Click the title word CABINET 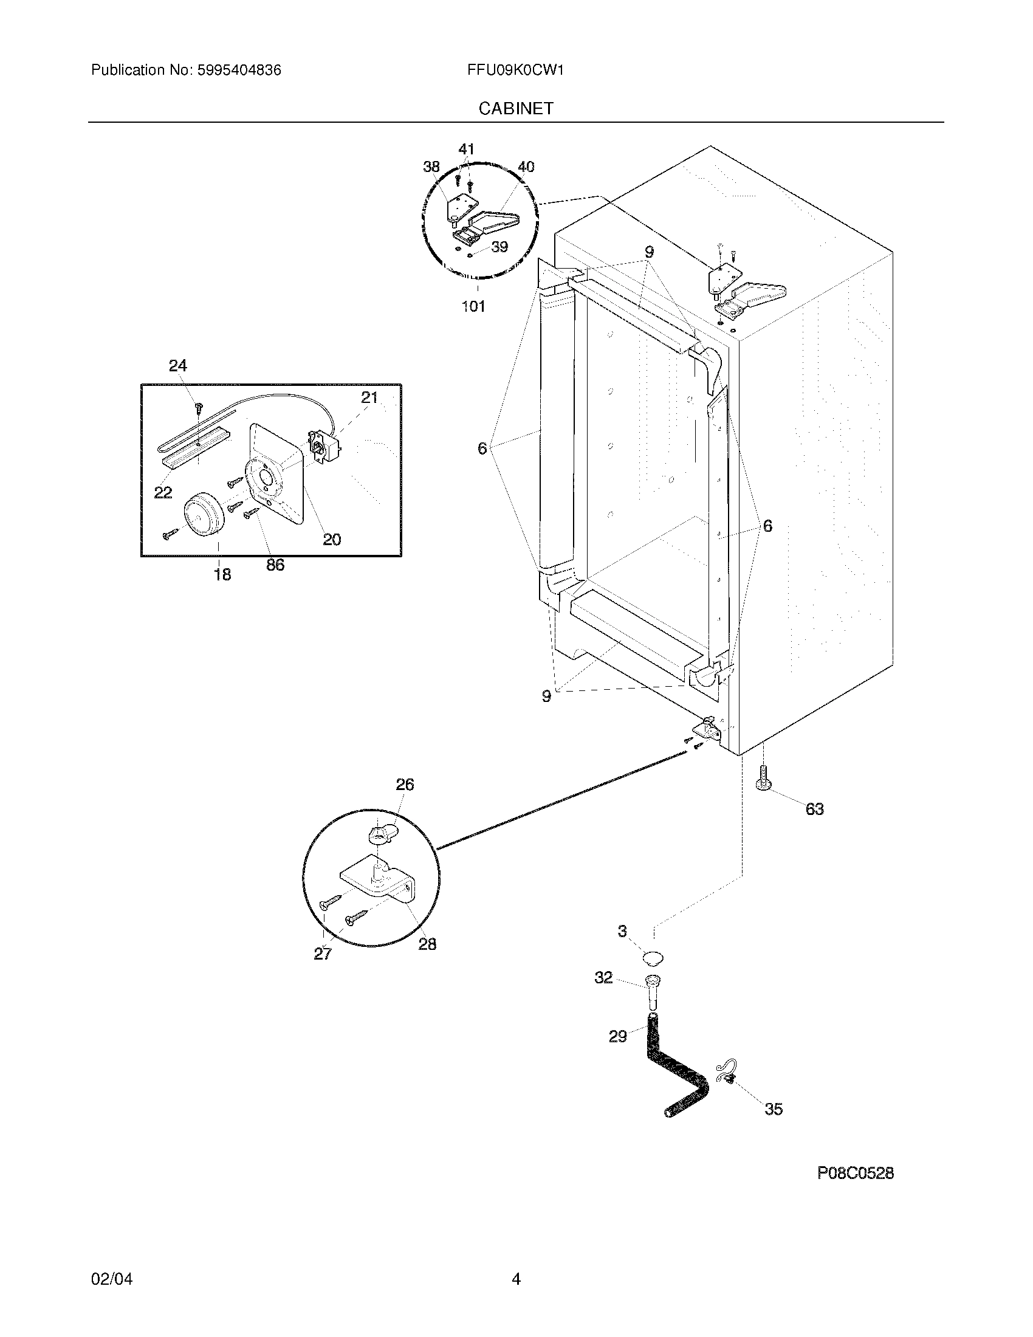click(516, 108)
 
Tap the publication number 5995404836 click(239, 70)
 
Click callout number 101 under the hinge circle click(473, 306)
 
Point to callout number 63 click(814, 809)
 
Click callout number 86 click(275, 565)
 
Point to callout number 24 click(177, 366)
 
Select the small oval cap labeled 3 click(654, 958)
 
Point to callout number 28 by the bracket click(427, 944)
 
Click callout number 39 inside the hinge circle click(499, 247)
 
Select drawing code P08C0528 click(855, 1173)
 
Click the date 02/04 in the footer click(111, 1279)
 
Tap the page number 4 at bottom click(516, 1279)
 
